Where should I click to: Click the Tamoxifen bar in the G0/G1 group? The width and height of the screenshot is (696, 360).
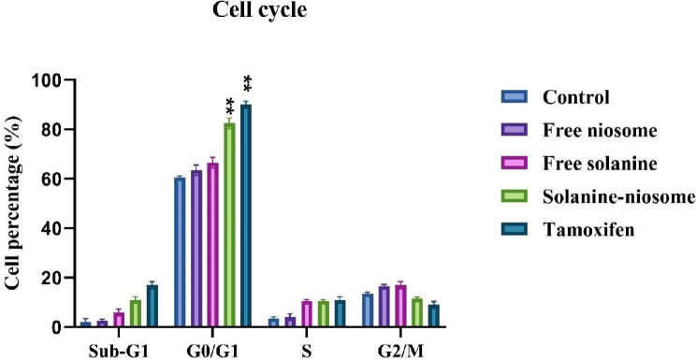246,215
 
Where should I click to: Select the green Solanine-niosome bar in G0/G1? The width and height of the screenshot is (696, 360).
229,224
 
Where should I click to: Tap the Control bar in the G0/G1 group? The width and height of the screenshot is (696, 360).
179,252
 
